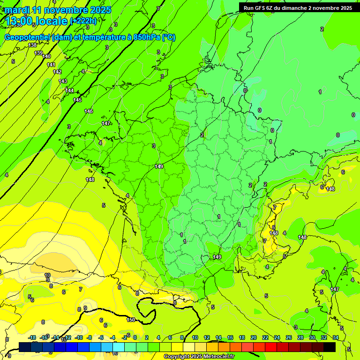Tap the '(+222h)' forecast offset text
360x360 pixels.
[x=83, y=21]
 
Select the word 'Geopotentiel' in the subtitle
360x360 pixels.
[x=28, y=37]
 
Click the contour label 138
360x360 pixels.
[x=32, y=45]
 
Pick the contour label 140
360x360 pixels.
[x=46, y=56]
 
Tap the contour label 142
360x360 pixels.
[x=57, y=72]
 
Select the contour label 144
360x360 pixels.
[x=69, y=90]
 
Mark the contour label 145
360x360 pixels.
[x=77, y=100]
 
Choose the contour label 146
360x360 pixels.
[x=89, y=111]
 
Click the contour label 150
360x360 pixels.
[x=131, y=320]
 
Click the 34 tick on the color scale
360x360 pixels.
[x=335, y=337]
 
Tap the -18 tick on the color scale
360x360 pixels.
[x=32, y=337]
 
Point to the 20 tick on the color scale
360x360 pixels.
[x=253, y=337]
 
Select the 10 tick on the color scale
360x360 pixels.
[x=195, y=337]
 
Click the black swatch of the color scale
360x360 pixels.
[x=330, y=347]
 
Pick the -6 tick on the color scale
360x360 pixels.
[x=102, y=337]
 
